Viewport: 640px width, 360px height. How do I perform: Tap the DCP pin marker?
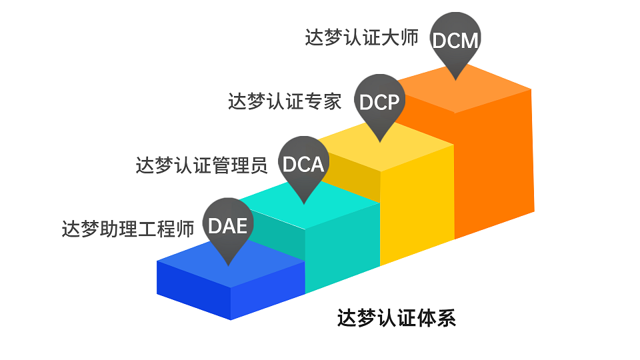pyautogui.click(x=379, y=102)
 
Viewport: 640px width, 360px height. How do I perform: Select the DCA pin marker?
pyautogui.click(x=304, y=164)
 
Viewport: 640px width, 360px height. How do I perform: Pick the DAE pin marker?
pyautogui.click(x=228, y=226)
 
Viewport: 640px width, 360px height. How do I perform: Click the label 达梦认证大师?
pyautogui.click(x=362, y=37)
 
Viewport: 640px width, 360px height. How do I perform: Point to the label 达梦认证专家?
pyautogui.click(x=285, y=101)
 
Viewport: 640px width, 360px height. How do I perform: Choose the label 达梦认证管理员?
pyautogui.click(x=201, y=165)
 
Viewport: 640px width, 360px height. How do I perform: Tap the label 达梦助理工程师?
pyautogui.click(x=128, y=229)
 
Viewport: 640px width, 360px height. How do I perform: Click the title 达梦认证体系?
pyautogui.click(x=396, y=318)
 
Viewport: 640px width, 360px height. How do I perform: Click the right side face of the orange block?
pyautogui.click(x=494, y=163)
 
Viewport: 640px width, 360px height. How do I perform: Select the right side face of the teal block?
pyautogui.click(x=343, y=248)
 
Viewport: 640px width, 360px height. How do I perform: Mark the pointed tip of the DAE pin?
pyautogui.click(x=228, y=266)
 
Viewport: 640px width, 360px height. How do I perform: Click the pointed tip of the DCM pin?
pyautogui.click(x=455, y=80)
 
